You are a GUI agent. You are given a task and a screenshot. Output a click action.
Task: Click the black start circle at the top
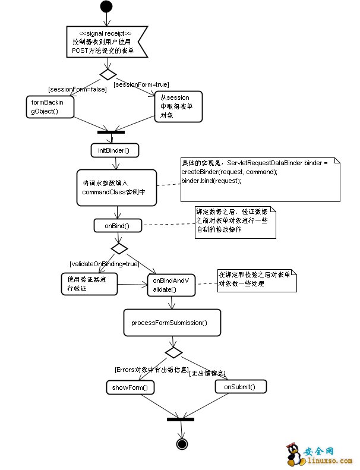pos(106,7)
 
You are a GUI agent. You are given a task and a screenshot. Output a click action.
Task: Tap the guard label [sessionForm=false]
pos(77,89)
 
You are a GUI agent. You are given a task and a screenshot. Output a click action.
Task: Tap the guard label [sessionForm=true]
pos(142,84)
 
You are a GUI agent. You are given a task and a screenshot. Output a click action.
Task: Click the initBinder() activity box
pos(115,150)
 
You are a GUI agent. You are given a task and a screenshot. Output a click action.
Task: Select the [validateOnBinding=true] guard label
pos(104,263)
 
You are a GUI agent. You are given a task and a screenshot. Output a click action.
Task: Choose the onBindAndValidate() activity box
pos(172,284)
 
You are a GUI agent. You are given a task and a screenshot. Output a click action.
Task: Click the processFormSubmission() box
pos(172,323)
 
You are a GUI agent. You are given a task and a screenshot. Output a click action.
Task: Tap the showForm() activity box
pos(131,387)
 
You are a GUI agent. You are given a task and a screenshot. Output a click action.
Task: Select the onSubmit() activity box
pos(240,387)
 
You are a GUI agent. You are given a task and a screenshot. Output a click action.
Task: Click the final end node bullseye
pos(182,443)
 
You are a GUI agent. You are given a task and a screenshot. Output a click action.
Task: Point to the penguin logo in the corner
pos(293,454)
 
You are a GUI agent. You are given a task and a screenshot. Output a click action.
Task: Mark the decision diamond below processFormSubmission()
pos(173,352)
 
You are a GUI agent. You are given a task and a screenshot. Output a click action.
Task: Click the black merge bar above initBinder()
pos(111,131)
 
